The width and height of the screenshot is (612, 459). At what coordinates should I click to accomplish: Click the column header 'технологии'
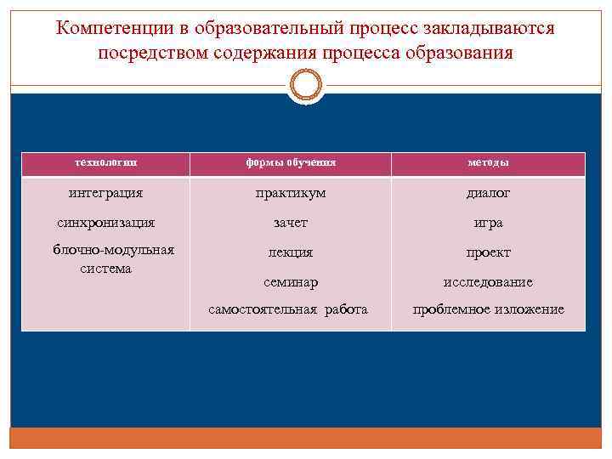[x=105, y=162]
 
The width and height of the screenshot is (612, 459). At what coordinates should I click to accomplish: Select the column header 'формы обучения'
[x=291, y=162]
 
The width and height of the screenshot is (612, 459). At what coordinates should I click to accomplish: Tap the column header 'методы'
[x=489, y=162]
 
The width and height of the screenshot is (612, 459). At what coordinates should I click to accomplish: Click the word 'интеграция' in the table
[x=105, y=193]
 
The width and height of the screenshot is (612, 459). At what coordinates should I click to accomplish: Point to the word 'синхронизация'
[x=105, y=223]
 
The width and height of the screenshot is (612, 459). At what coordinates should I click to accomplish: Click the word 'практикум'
[x=291, y=194]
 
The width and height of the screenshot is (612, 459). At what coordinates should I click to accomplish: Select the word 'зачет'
[x=291, y=223]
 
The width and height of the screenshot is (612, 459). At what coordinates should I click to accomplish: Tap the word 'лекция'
[x=291, y=252]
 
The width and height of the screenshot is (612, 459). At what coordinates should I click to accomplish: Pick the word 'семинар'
[x=291, y=281]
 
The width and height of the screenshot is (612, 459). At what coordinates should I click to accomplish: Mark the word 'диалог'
[x=489, y=193]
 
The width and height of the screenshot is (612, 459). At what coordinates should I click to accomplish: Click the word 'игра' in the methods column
[x=489, y=223]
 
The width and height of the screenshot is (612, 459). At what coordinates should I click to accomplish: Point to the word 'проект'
[x=489, y=252]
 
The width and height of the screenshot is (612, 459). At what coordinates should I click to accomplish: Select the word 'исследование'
[x=489, y=281]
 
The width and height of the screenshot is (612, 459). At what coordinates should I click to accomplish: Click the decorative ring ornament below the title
[x=305, y=87]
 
